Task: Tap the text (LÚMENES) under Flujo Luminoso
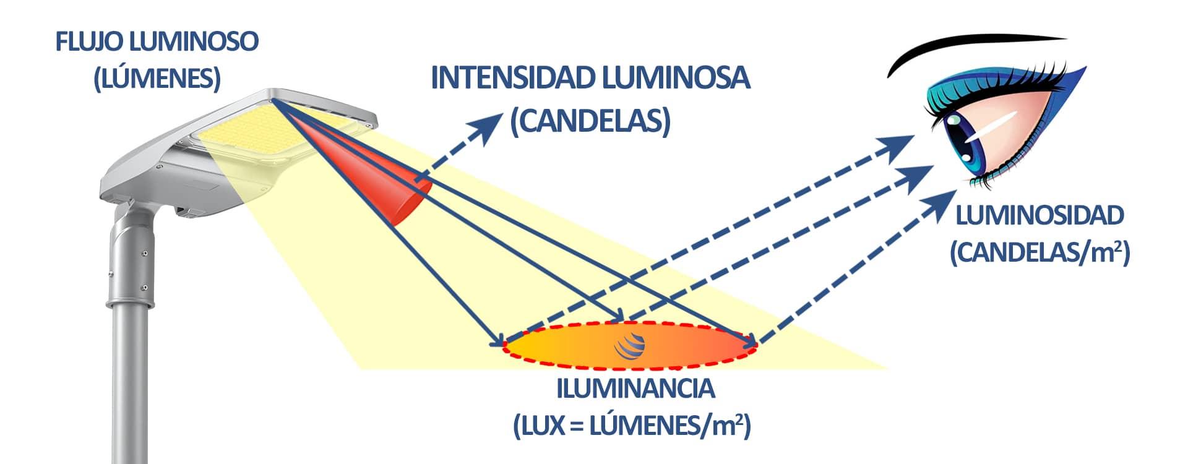[x=157, y=79]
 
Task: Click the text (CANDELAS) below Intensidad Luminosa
[x=590, y=121]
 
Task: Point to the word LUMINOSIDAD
[x=1039, y=216]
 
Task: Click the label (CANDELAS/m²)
[x=1039, y=253]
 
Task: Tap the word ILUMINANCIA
[x=635, y=389]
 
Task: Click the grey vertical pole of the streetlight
[x=130, y=371]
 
